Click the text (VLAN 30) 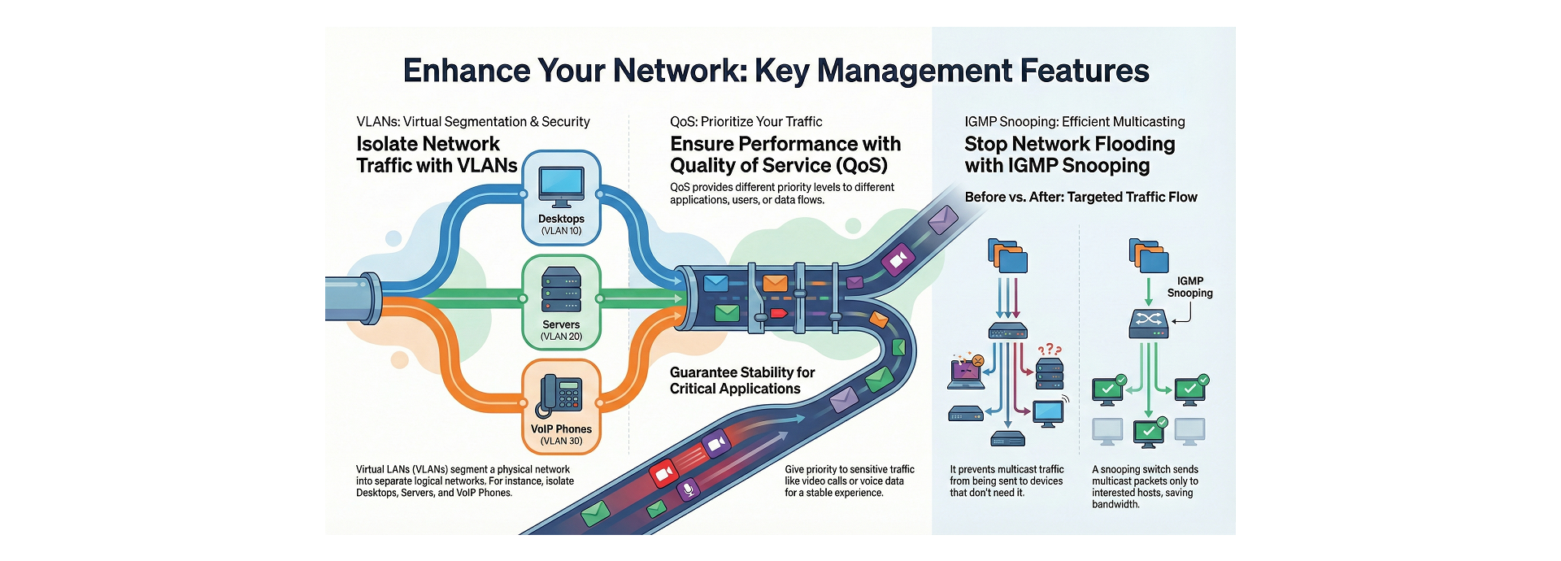[561, 441]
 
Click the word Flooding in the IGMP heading [1134, 144]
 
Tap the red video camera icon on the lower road [663, 472]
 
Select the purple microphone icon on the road [689, 489]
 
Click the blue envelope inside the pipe [715, 283]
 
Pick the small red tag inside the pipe [778, 313]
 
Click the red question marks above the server [1049, 350]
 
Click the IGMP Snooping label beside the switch [1189, 287]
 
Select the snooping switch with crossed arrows [1148, 324]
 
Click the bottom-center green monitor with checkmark [1149, 431]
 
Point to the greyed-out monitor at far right [1190, 431]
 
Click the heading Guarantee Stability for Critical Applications [741, 381]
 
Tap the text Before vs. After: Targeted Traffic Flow [1081, 197]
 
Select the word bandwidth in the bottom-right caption [1115, 505]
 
